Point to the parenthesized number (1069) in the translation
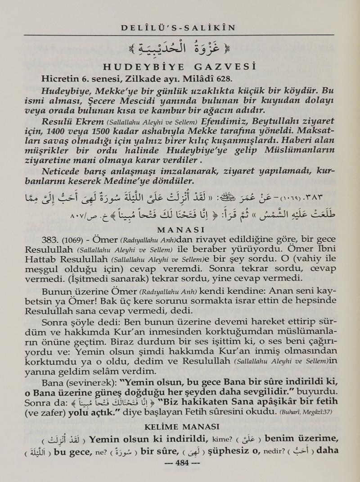click(68, 240)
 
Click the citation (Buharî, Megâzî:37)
click(306, 411)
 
